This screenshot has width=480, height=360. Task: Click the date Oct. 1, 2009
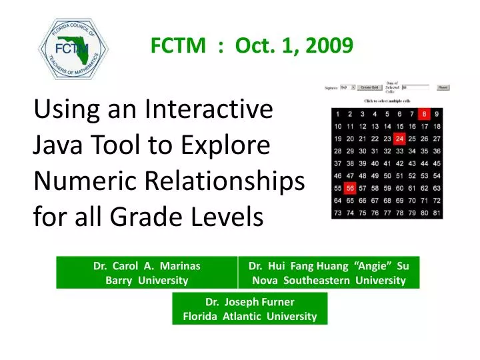(x=294, y=45)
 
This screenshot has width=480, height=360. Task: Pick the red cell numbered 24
(x=399, y=139)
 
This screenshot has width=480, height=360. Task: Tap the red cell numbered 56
(x=349, y=188)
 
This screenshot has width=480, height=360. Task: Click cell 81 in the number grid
(x=436, y=213)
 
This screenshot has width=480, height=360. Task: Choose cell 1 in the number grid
(x=339, y=114)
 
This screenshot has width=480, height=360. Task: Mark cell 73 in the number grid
(x=338, y=213)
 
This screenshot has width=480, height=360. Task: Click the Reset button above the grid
(x=443, y=87)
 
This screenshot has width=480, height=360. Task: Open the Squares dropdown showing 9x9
(x=347, y=87)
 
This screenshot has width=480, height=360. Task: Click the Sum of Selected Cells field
(x=416, y=87)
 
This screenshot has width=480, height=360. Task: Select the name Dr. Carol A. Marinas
(x=147, y=265)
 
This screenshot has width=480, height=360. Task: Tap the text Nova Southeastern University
(x=329, y=281)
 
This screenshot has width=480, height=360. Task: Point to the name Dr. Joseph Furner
(x=249, y=301)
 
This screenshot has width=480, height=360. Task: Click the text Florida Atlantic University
(x=249, y=317)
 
